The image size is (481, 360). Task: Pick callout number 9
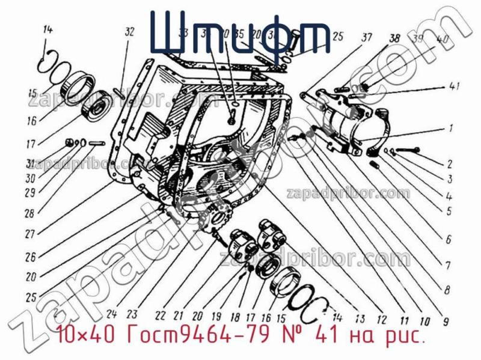point(446,322)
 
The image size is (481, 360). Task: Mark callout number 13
point(360,320)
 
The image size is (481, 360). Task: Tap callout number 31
point(31,163)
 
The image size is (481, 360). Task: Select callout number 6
point(448,239)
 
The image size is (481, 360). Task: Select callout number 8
point(447,289)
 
